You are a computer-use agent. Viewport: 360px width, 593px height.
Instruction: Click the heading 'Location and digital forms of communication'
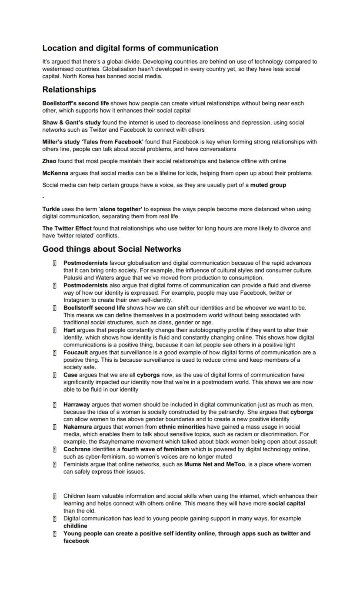click(x=130, y=48)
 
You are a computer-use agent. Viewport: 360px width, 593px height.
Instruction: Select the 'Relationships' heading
click(x=69, y=90)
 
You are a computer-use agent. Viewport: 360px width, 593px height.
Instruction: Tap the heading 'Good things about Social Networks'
click(x=112, y=249)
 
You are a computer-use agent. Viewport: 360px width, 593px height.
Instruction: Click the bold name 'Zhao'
click(x=49, y=161)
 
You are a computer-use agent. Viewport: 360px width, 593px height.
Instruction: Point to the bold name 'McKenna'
click(x=55, y=173)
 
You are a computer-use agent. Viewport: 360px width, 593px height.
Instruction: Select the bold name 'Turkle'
click(x=51, y=209)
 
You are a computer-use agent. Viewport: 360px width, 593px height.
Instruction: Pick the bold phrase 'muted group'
click(x=268, y=185)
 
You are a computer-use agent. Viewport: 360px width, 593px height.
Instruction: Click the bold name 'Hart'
click(x=69, y=330)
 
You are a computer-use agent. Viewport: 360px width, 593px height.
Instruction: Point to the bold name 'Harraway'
click(x=77, y=405)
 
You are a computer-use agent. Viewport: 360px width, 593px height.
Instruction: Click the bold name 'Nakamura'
click(x=77, y=427)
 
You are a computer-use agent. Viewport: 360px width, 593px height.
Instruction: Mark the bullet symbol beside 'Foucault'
click(x=55, y=353)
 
